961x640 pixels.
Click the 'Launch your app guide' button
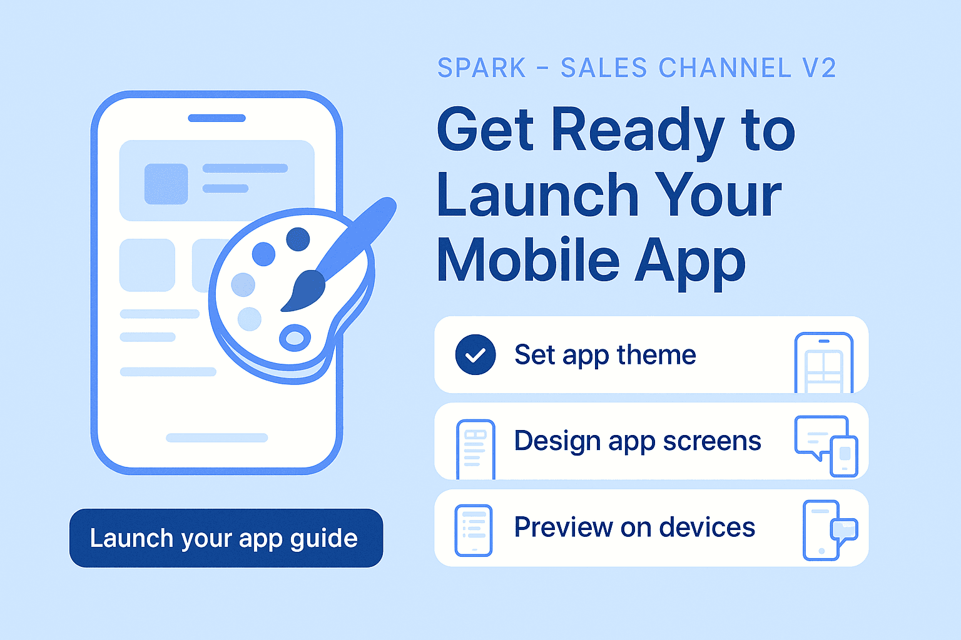(226, 538)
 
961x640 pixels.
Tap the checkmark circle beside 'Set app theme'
(475, 354)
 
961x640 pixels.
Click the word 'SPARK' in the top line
(482, 68)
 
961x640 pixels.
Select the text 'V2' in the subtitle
(819, 68)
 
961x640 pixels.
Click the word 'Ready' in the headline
(638, 131)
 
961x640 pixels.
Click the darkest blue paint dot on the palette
(298, 239)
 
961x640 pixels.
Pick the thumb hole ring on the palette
(295, 338)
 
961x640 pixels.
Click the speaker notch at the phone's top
(216, 118)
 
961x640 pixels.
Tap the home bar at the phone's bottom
(216, 437)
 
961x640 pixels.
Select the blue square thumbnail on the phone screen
(166, 184)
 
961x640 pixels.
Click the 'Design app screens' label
(638, 441)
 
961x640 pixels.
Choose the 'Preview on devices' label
(634, 527)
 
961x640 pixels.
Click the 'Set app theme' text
(605, 355)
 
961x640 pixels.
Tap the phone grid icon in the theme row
(823, 363)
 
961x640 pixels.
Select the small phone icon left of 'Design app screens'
(475, 449)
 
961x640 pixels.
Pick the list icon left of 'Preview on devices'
(474, 530)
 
